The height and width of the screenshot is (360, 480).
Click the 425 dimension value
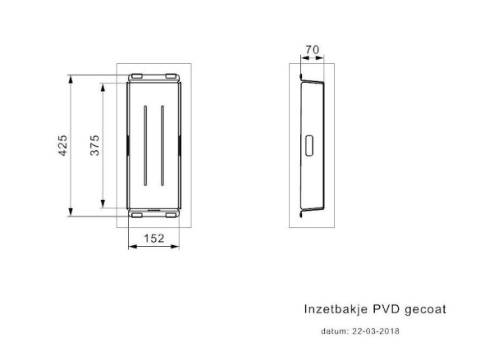62,145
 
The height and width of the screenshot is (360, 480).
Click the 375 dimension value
95,145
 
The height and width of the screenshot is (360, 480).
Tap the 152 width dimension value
154,239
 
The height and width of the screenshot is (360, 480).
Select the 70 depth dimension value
313,49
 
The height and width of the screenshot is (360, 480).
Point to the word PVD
386,309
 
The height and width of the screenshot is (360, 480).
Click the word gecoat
425,309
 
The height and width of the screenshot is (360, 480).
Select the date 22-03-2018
376,331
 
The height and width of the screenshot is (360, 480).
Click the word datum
335,331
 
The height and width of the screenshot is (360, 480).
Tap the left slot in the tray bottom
145,146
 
